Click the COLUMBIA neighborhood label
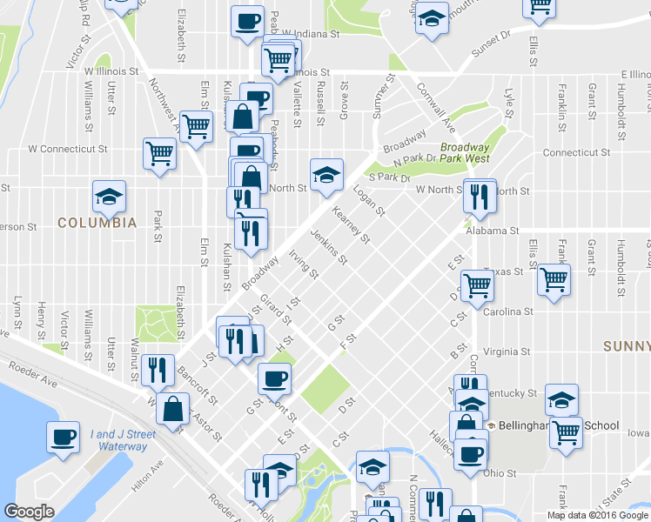(x=97, y=223)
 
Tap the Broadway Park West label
(x=464, y=153)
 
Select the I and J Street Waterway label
(x=123, y=440)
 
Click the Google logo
(x=30, y=512)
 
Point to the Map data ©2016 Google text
(x=598, y=515)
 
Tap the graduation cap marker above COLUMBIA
(x=110, y=197)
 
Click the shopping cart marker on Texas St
(x=554, y=280)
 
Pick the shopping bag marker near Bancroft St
(x=174, y=408)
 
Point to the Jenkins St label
(x=330, y=247)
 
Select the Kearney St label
(x=352, y=224)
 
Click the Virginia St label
(x=507, y=352)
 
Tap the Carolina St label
(x=507, y=311)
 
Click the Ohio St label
(x=501, y=474)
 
